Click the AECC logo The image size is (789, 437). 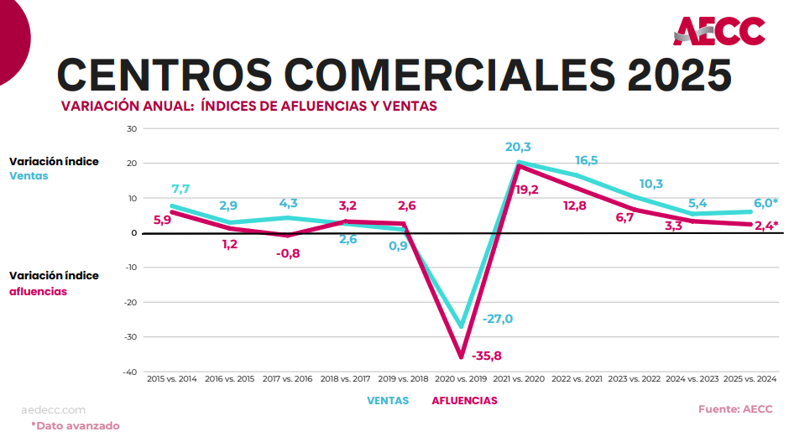point(719,31)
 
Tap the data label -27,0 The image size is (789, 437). point(498,319)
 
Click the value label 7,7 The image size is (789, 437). point(181,189)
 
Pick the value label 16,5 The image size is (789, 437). point(587,160)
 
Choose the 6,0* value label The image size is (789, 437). point(764,203)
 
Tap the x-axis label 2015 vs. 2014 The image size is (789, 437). point(172,379)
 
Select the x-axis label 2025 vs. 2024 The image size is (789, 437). point(749,379)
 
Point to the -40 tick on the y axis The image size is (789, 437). point(130,372)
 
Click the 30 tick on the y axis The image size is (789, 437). point(132,128)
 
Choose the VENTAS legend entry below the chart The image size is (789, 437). point(388,401)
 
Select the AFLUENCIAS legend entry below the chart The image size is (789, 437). point(464,401)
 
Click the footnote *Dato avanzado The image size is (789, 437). point(76,425)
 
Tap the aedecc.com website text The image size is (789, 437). point(54,410)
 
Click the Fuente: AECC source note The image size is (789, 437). point(735,409)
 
